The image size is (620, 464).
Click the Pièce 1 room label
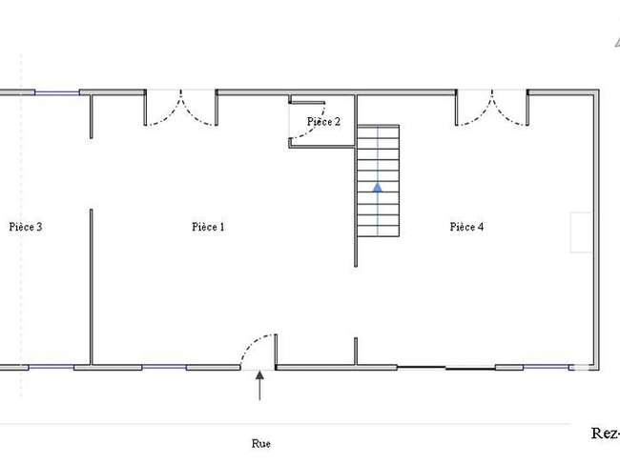coord(208,227)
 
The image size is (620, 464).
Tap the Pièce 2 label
coord(323,121)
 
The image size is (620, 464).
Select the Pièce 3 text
coord(26,227)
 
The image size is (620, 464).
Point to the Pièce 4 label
coord(466,227)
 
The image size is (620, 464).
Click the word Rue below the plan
coord(261,443)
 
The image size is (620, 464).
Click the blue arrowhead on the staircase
coord(378,188)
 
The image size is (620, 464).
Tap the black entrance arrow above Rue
coord(259,386)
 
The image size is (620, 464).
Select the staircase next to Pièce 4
coord(378,181)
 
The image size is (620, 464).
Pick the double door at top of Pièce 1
coord(180,109)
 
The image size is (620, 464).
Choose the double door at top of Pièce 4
coord(492,109)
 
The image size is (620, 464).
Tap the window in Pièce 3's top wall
coord(57,92)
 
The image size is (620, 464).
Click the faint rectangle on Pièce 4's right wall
coord(581,232)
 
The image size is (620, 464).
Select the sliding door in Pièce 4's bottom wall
coord(446,368)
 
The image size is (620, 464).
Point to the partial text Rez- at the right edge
coord(606,434)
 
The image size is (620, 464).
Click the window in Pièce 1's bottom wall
coord(164,368)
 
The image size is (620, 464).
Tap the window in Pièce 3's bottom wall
coord(52,368)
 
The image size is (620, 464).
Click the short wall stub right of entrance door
coord(276,352)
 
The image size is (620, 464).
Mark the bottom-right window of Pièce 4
coord(546,368)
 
